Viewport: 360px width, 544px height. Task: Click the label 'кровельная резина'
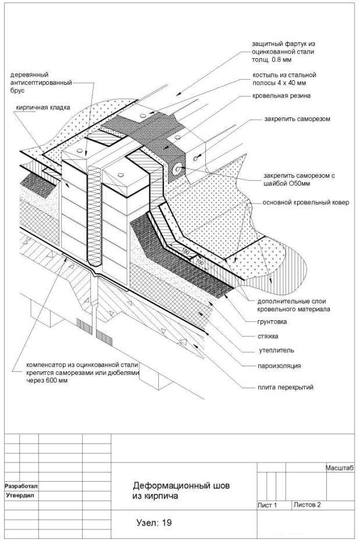[x=281, y=96]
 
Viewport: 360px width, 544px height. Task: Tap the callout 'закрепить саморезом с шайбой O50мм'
[x=299, y=180]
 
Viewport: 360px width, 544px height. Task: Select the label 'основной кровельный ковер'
[x=305, y=203]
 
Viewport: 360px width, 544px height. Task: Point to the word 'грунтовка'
[x=272, y=321]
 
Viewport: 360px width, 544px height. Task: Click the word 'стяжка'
[x=268, y=336]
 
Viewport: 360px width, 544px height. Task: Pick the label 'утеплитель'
[x=276, y=350]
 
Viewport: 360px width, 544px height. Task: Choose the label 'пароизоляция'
[x=279, y=366]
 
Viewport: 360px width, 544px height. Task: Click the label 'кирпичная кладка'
[x=42, y=108]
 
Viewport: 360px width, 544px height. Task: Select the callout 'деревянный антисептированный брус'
[x=41, y=83]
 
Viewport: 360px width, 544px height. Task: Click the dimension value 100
[x=200, y=262]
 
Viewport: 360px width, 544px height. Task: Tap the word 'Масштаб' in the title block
[x=340, y=468]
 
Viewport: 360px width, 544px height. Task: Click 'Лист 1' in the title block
[x=267, y=505]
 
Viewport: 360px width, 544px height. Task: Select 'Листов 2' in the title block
[x=307, y=505]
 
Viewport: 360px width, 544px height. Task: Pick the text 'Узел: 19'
[x=154, y=522]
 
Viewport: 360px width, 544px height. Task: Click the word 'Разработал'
[x=21, y=486]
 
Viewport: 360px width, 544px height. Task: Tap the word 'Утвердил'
[x=20, y=495]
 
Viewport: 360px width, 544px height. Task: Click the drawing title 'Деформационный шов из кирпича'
[x=181, y=491]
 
